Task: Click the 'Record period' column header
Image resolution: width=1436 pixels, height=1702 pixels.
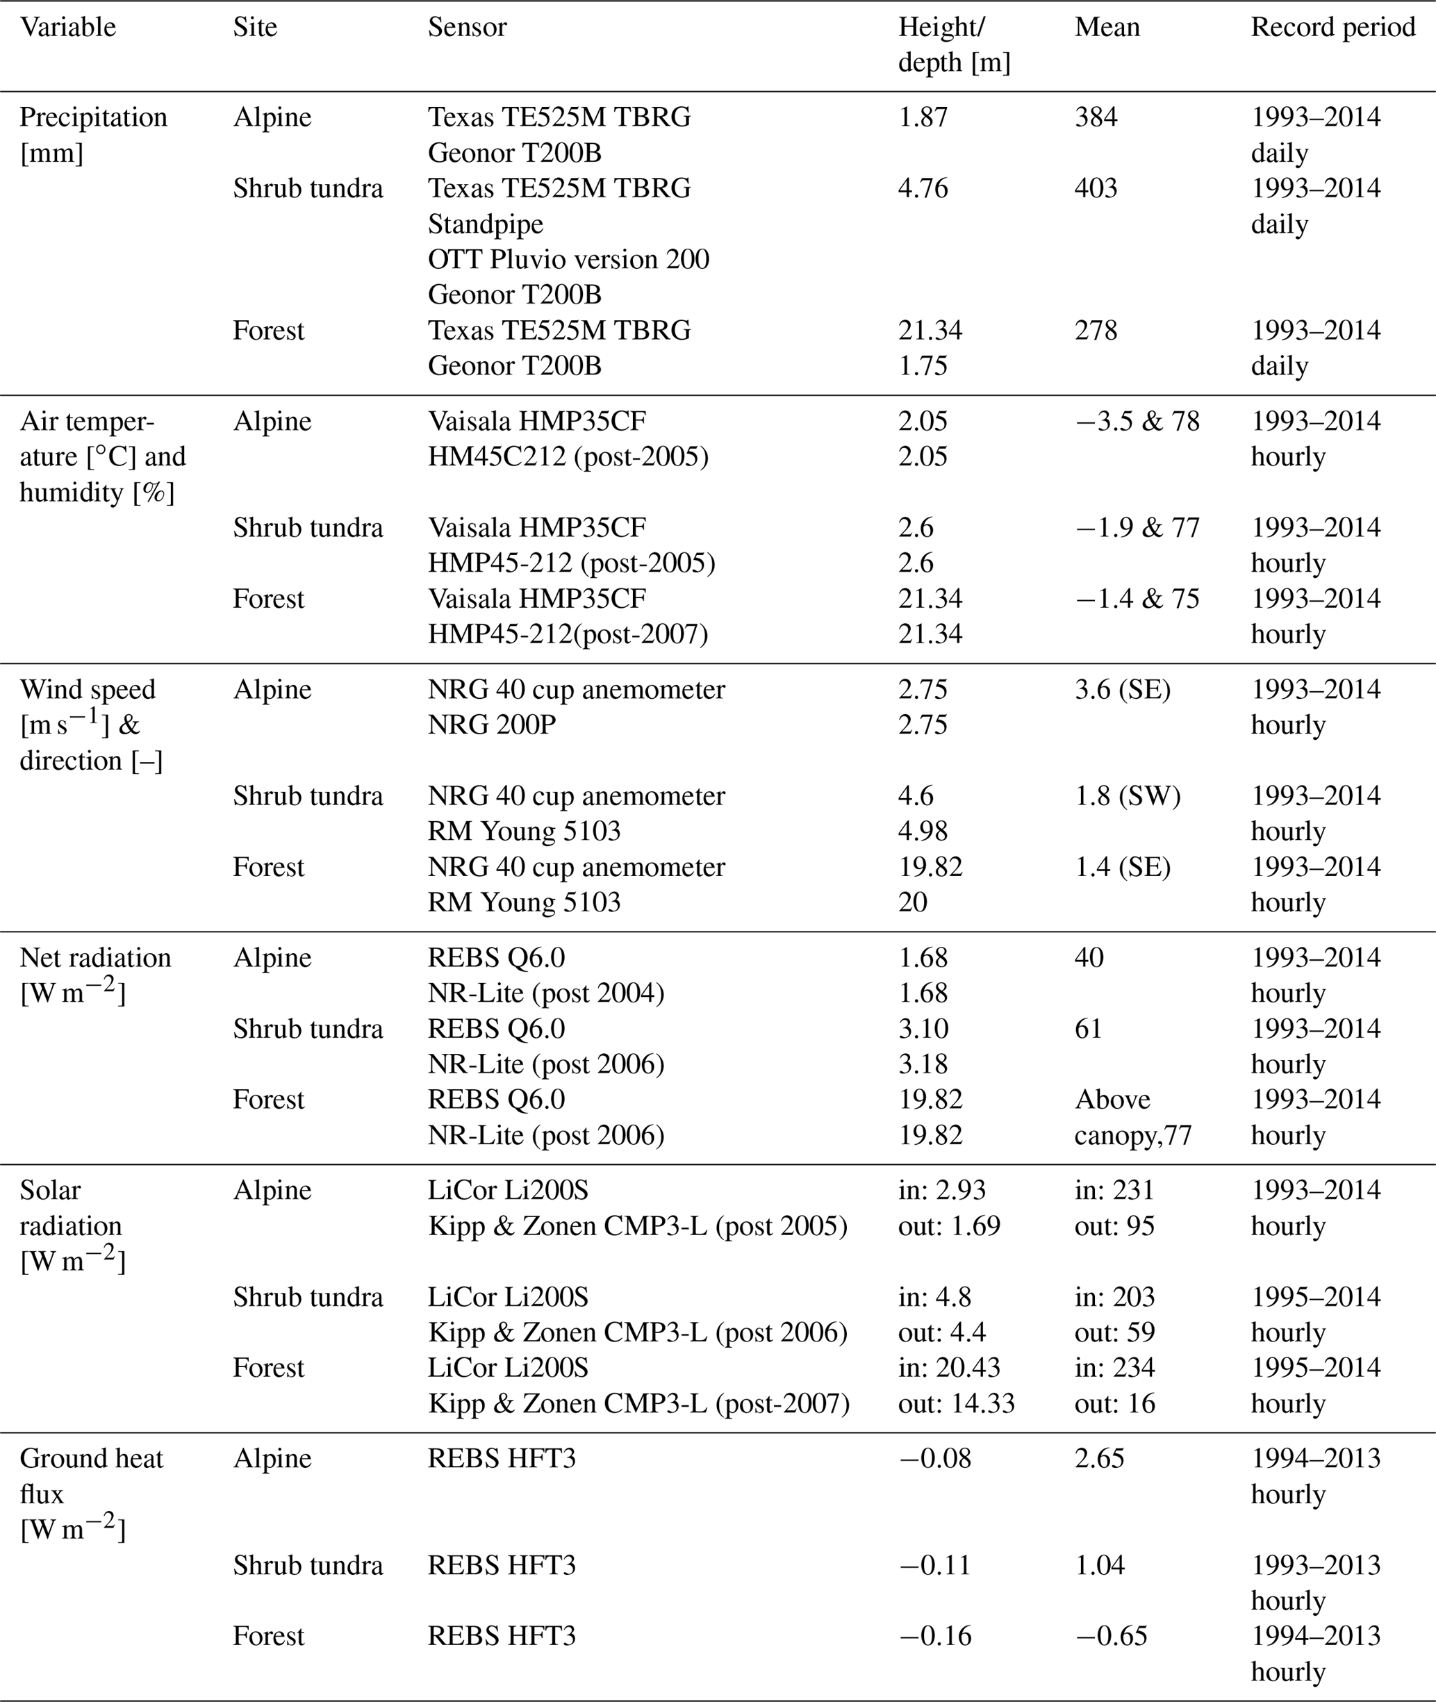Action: tap(1332, 28)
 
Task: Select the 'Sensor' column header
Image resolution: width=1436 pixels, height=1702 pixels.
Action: tap(468, 28)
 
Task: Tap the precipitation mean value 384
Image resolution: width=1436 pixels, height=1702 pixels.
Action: tap(1096, 117)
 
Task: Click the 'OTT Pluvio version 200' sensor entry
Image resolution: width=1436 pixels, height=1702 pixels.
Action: tap(568, 259)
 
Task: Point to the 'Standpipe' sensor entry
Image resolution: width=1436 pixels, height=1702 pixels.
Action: tap(485, 224)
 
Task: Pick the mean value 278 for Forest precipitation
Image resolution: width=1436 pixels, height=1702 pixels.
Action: tap(1096, 331)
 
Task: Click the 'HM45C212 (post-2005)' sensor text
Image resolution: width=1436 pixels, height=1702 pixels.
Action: tap(568, 456)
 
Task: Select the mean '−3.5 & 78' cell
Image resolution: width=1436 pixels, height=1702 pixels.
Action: tap(1137, 422)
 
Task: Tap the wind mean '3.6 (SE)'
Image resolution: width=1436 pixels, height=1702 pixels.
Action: tap(1123, 689)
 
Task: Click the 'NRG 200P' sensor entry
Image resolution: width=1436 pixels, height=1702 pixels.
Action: tap(492, 725)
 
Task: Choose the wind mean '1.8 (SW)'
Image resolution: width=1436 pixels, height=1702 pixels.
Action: tap(1128, 795)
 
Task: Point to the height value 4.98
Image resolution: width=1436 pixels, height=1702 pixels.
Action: tap(923, 831)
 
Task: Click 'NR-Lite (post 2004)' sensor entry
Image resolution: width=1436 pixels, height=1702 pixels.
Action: tap(545, 993)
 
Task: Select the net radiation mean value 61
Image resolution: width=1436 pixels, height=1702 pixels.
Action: tap(1089, 1029)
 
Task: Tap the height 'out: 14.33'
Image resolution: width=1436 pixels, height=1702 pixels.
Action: tap(956, 1403)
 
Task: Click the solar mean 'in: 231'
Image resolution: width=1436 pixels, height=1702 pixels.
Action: tap(1114, 1191)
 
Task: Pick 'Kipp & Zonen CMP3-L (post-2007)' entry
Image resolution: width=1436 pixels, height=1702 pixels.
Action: tap(638, 1403)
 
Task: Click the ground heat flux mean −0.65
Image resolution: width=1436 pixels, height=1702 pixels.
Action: tap(1111, 1635)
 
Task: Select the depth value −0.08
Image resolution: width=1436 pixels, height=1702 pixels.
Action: tap(934, 1459)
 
